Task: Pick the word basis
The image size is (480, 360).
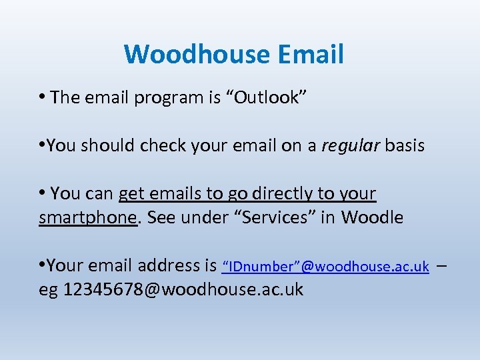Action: click(403, 145)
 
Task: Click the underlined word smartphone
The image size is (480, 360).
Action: click(87, 217)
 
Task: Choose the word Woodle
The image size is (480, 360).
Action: click(372, 217)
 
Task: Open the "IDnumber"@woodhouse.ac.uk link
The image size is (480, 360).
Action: click(325, 267)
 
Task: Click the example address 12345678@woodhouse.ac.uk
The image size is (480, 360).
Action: click(183, 290)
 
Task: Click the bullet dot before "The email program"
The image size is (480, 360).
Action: click(42, 97)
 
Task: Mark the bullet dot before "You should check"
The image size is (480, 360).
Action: click(42, 145)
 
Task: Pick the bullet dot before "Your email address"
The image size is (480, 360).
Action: click(42, 265)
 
